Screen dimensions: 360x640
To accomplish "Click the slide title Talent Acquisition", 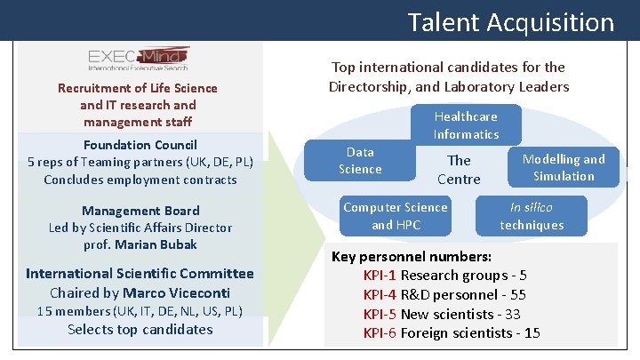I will point(510,21).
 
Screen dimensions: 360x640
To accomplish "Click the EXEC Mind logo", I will point(138,58).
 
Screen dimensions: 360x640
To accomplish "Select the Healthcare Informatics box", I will point(466,125).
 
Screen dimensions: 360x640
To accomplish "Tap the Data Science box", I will point(360,161).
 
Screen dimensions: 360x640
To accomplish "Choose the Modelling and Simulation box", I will point(564,167).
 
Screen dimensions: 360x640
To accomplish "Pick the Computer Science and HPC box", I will point(395,216).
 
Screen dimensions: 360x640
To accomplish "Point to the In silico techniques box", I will point(532,216).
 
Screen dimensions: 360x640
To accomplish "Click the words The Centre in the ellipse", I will point(459,170).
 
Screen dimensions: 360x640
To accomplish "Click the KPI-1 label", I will point(380,276).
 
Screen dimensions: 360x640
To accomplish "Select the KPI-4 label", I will point(380,295).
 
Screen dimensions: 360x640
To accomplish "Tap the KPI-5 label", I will point(380,315).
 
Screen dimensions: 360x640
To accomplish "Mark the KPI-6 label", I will point(380,334).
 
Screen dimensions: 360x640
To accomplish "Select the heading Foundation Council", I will point(140,145).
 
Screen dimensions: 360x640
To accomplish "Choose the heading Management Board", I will point(140,211).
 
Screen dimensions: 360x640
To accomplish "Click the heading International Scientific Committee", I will point(140,274).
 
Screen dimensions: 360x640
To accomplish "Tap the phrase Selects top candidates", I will point(140,330).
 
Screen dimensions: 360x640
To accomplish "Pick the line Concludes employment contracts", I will point(140,180).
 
